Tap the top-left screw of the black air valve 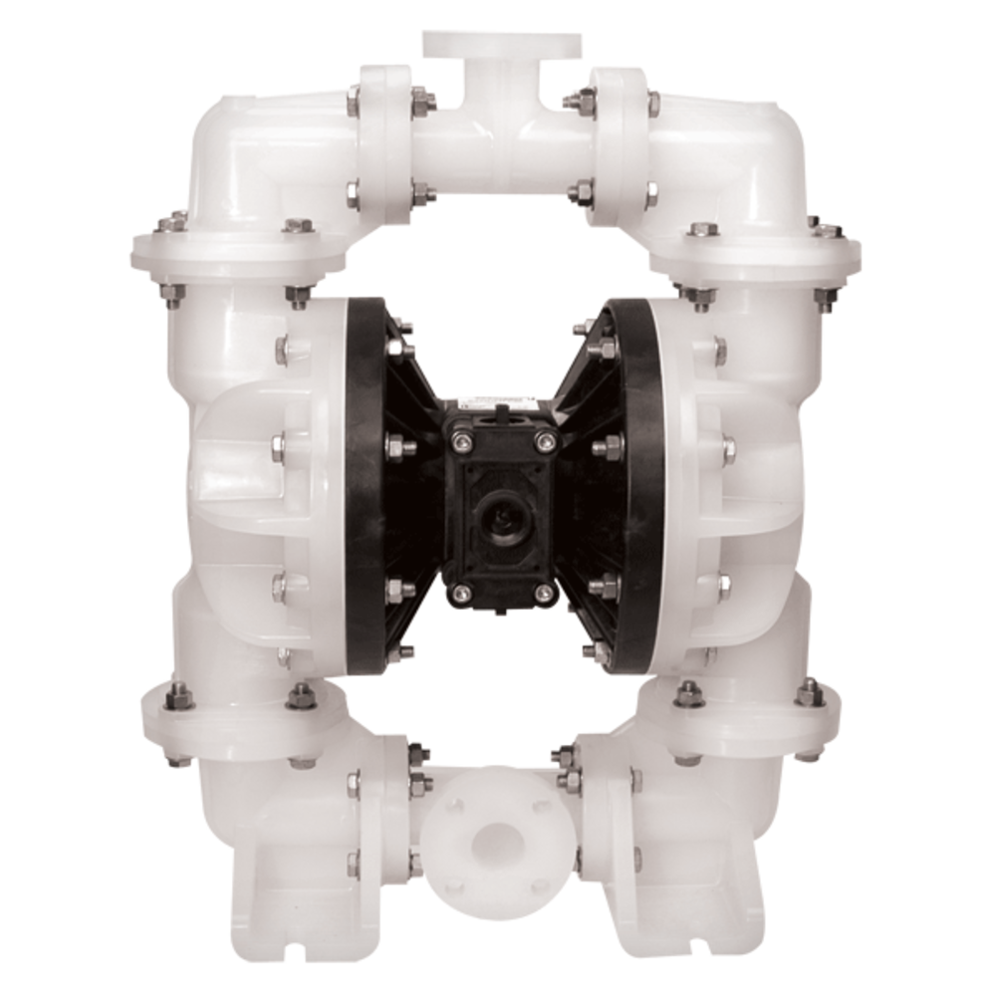click(x=459, y=440)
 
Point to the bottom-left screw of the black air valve click(x=459, y=594)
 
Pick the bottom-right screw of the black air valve click(x=543, y=593)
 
